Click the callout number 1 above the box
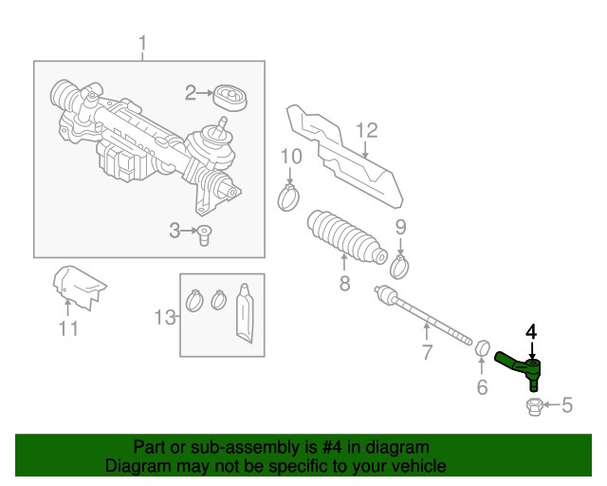click(143, 44)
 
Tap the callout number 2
click(190, 93)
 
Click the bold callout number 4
click(531, 331)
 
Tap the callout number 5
click(567, 407)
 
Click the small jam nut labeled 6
click(481, 349)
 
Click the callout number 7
click(427, 354)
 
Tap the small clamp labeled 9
click(400, 266)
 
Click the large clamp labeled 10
click(290, 197)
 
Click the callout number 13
click(164, 317)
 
